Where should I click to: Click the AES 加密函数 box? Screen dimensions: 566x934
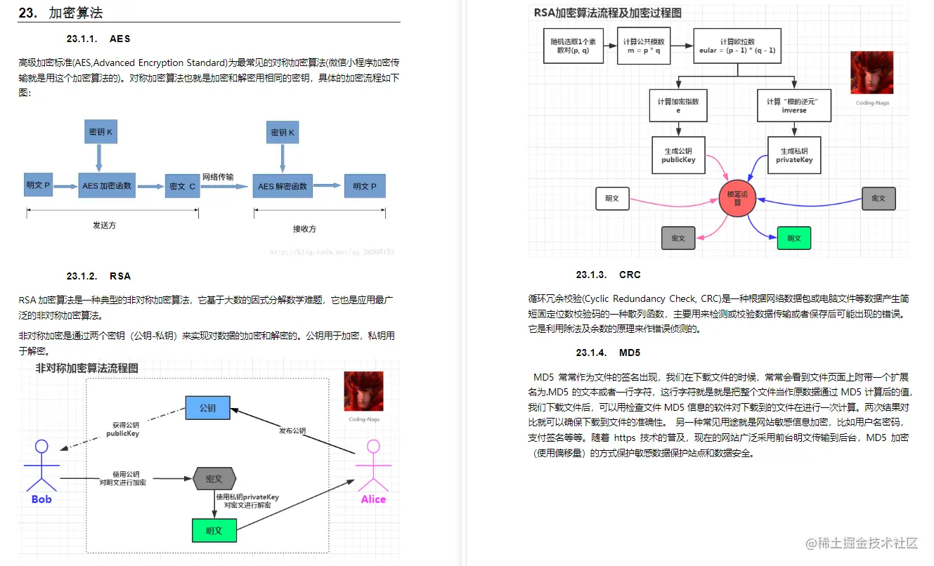(108, 185)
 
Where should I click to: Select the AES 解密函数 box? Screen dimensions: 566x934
(282, 186)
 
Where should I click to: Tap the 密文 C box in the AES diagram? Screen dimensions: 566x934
(182, 186)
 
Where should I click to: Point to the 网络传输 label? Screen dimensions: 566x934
(218, 176)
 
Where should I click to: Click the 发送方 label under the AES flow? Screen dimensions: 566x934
(104, 225)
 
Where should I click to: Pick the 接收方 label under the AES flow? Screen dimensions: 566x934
(304, 228)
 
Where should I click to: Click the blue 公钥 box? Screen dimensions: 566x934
(207, 407)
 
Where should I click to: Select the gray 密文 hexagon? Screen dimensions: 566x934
(214, 479)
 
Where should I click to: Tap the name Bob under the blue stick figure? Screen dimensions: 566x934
(41, 499)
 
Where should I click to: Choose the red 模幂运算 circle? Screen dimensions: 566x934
(737, 198)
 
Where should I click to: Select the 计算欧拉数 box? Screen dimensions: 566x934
(737, 46)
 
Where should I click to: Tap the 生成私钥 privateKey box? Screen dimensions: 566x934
(794, 155)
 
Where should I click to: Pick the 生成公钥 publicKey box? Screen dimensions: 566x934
(678, 155)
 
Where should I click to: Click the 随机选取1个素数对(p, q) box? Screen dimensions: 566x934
(573, 46)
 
